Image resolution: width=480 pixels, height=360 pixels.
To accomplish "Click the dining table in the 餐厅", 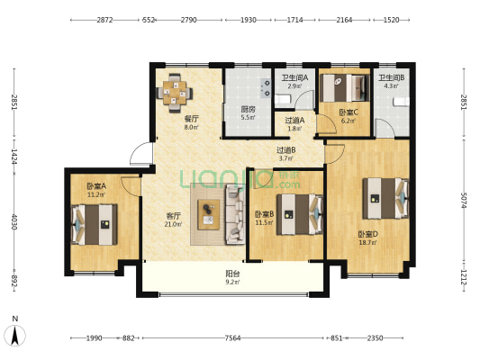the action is [175, 93].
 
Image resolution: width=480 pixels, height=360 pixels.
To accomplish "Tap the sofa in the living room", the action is [235, 214].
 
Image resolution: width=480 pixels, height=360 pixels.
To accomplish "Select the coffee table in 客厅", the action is [208, 214].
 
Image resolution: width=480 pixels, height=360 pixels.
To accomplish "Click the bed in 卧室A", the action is [95, 224].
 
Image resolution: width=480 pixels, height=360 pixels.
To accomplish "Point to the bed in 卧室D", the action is [386, 198].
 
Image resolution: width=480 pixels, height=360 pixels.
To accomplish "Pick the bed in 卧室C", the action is [343, 88].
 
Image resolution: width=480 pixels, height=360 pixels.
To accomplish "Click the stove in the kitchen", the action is [266, 88].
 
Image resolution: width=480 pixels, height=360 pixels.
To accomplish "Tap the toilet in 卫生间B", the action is [402, 102].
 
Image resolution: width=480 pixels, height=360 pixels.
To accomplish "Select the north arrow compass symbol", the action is [14, 335].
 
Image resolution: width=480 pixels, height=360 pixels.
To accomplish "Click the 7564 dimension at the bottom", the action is [232, 338].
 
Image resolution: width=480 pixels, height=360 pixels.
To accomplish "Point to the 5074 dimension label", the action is [464, 201].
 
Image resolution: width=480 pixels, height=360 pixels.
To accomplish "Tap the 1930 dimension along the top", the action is [249, 20].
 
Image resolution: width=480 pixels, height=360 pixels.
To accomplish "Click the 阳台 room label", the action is [232, 274].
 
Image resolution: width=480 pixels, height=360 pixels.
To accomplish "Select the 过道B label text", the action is [285, 150].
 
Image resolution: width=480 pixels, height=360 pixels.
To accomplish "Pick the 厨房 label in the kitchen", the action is [248, 109].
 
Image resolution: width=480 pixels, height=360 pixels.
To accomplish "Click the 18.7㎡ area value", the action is [367, 243].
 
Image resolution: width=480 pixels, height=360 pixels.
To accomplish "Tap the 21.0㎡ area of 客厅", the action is [173, 224].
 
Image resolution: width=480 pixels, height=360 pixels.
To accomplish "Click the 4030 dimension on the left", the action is [14, 221].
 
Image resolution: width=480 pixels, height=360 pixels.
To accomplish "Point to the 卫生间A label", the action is [294, 78].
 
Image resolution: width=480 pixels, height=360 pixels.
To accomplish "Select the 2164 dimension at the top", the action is [344, 20].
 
